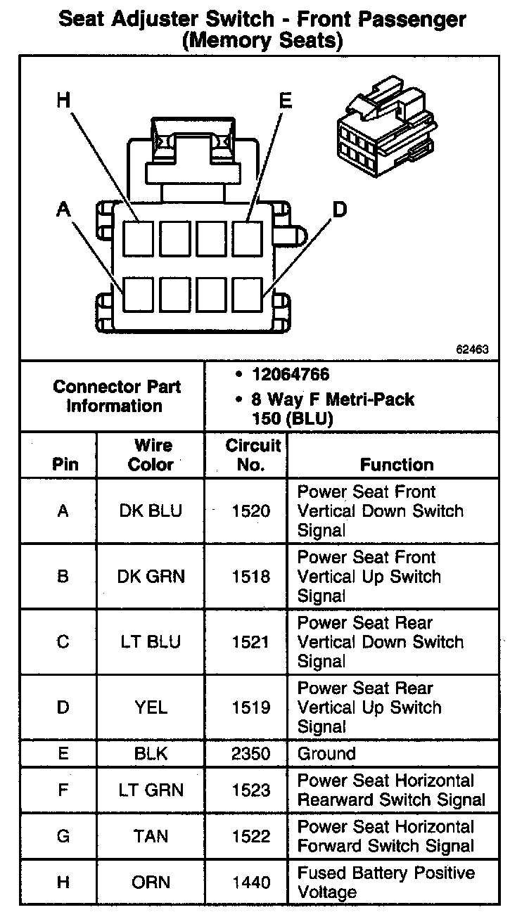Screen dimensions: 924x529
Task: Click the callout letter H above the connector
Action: tap(64, 101)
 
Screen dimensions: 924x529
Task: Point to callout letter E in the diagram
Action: tap(285, 101)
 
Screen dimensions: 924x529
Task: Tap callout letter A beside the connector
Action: tap(64, 209)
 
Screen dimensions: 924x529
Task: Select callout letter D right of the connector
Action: tap(340, 209)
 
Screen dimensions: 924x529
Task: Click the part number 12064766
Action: tap(291, 374)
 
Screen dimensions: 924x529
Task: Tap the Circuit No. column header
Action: tap(253, 455)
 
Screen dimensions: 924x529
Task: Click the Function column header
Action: tap(397, 464)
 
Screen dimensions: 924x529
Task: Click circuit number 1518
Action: tap(251, 577)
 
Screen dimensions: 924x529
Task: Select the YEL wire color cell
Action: tap(151, 707)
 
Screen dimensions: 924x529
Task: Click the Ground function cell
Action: tap(326, 754)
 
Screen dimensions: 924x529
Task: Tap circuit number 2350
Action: tap(251, 754)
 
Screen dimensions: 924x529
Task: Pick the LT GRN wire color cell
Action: tap(151, 790)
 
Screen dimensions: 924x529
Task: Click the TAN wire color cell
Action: tap(151, 836)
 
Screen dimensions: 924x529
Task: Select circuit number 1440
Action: tap(251, 883)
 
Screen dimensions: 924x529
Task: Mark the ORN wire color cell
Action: tap(151, 883)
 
